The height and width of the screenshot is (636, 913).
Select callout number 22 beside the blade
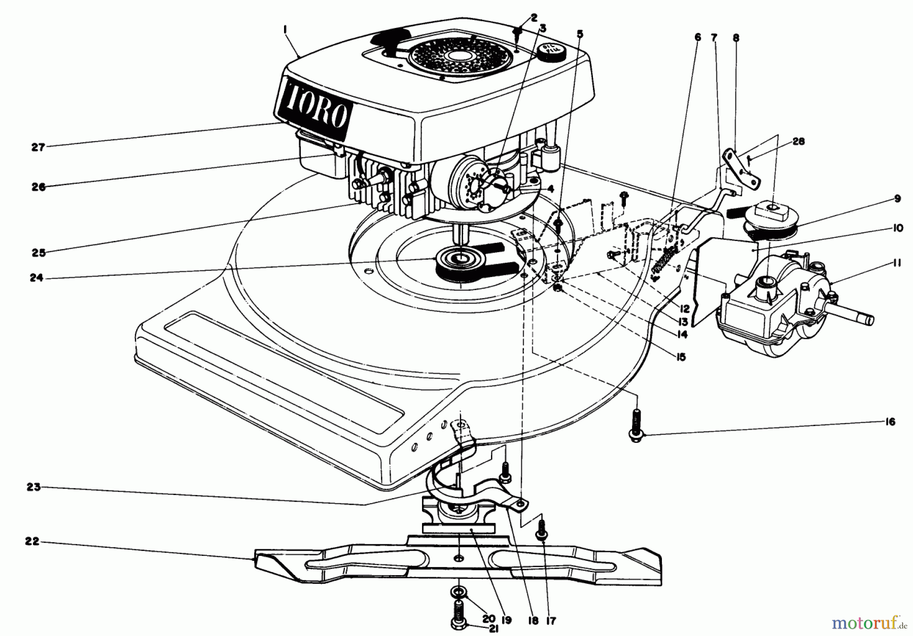pyautogui.click(x=32, y=541)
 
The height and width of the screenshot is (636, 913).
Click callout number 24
pyautogui.click(x=37, y=278)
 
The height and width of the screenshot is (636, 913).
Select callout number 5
pyautogui.click(x=580, y=34)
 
